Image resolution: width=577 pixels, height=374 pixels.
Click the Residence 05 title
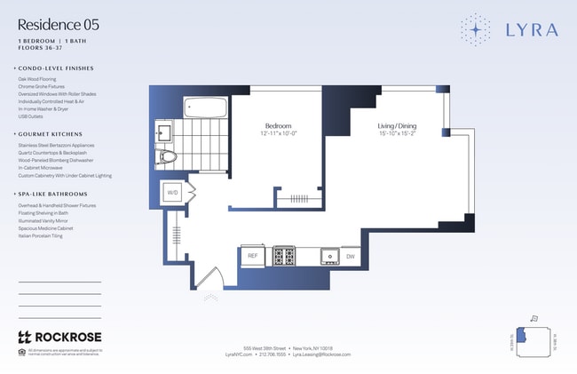[x=59, y=25]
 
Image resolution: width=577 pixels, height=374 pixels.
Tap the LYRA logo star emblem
[x=476, y=29]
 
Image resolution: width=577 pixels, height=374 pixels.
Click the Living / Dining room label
[x=396, y=127]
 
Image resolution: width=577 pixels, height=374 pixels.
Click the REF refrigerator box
[x=252, y=256]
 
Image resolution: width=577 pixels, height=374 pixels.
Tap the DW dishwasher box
[x=350, y=256]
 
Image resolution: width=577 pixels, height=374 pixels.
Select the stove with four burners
[x=284, y=256]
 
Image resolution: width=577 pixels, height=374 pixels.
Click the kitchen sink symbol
[x=330, y=256]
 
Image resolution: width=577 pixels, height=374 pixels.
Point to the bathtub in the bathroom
[x=206, y=110]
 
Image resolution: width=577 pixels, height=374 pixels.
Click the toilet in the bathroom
[x=168, y=157]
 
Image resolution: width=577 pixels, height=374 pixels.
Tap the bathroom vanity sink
[x=163, y=134]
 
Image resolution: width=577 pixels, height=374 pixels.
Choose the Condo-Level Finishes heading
[x=58, y=68]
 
